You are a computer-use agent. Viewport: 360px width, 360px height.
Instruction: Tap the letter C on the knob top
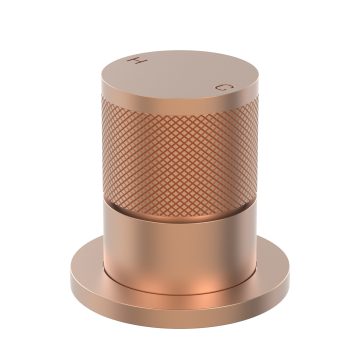(x=224, y=87)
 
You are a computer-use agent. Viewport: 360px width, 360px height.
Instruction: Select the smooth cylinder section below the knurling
(x=180, y=250)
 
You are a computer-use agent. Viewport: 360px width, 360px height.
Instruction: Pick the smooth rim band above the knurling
(x=180, y=107)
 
